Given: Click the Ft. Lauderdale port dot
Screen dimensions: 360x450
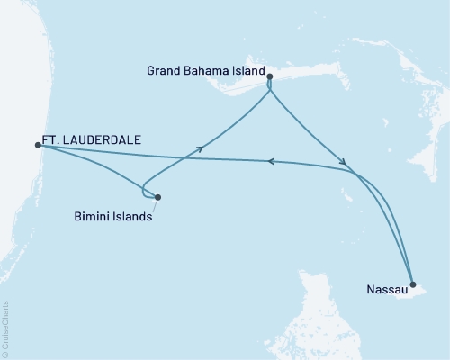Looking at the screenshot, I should coord(38,144).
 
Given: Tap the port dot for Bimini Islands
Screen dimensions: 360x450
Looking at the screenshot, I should coord(157,197).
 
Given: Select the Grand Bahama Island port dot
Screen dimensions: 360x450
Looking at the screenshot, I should coord(270,78).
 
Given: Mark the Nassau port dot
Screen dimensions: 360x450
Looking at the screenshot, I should coord(412,283).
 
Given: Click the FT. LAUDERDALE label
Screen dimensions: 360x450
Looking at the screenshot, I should coord(90,140).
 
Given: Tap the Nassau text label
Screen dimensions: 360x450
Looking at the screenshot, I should coord(386,290).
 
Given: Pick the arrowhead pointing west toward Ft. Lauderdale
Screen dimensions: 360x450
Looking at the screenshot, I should coord(269,161).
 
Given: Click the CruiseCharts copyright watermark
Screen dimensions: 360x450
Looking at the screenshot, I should coord(5,328).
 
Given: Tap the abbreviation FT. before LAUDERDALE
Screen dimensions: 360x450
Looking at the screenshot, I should coord(50,140).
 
